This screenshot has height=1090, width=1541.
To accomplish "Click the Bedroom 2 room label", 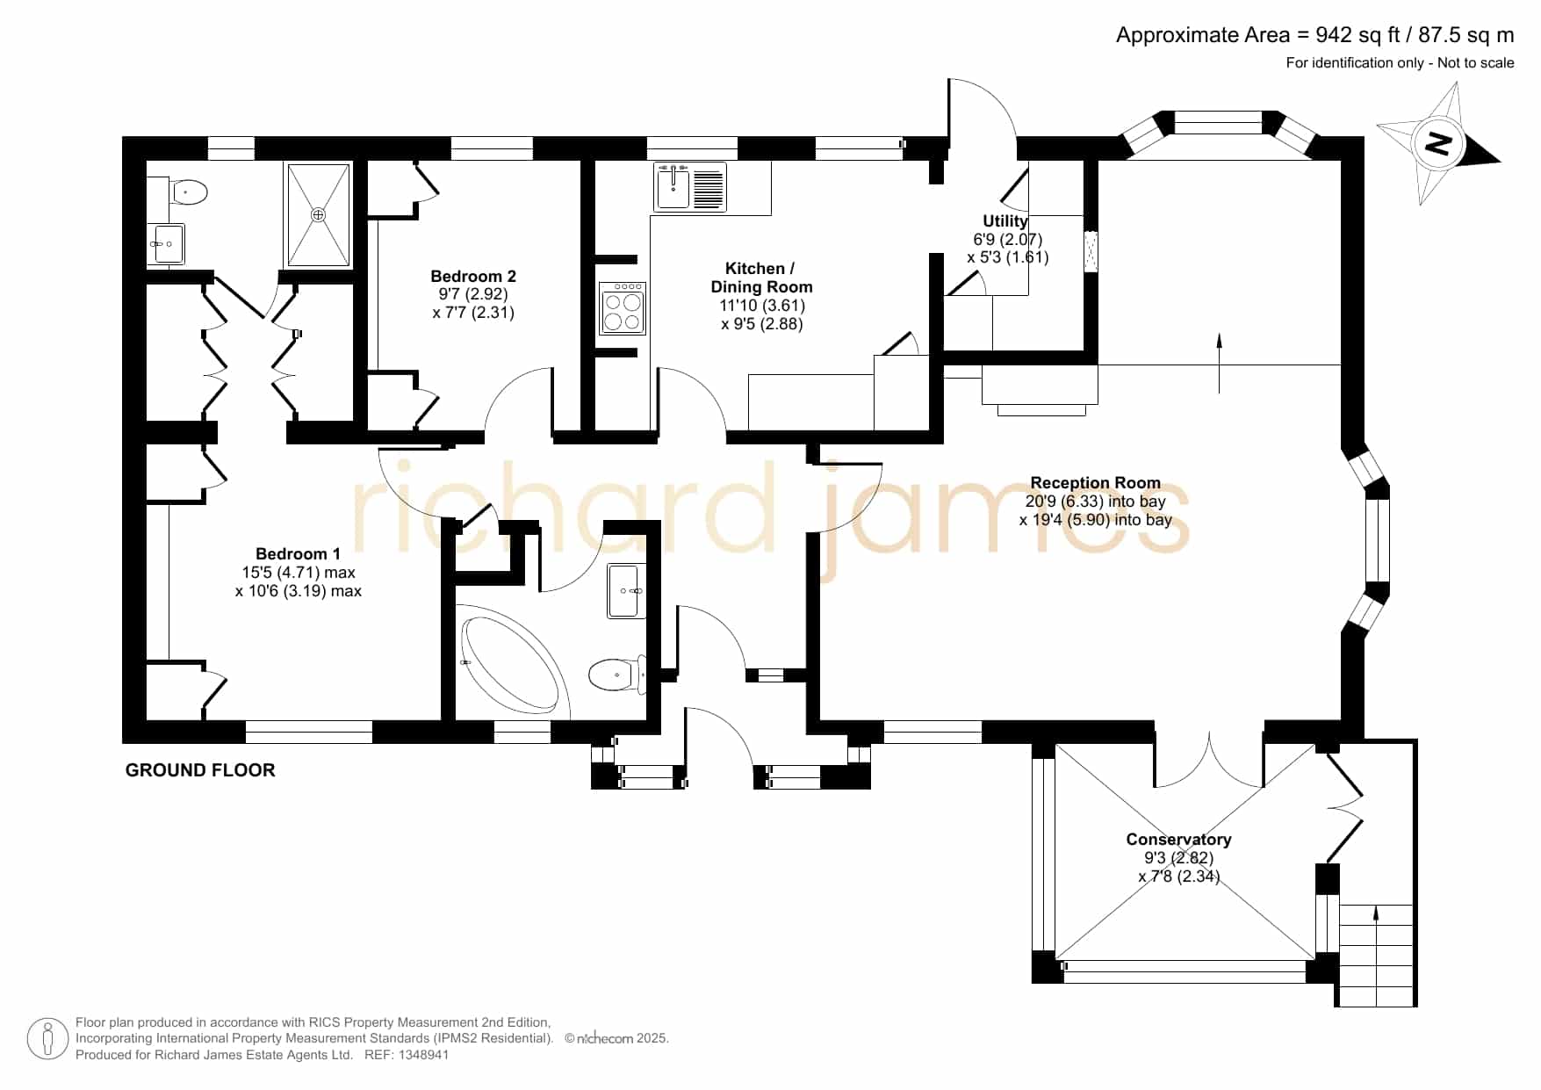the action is (473, 276).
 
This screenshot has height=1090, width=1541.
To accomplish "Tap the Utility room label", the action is (1005, 221).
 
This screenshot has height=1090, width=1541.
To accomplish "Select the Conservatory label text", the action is (1178, 839).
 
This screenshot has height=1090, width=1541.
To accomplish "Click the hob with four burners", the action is (623, 308).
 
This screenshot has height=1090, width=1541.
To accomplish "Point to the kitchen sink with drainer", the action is (690, 187).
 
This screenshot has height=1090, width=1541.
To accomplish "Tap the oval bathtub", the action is (510, 663).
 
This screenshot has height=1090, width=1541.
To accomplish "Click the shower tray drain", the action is (318, 214).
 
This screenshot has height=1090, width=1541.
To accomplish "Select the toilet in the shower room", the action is (188, 191).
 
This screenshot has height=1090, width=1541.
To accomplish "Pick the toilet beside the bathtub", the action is (616, 675).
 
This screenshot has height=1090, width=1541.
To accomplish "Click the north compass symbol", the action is (1437, 143).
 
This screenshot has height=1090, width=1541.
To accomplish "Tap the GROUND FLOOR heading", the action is (200, 770).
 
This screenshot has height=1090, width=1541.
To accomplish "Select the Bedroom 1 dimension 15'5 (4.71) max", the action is (299, 572).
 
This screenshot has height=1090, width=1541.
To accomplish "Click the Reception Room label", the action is (1095, 482).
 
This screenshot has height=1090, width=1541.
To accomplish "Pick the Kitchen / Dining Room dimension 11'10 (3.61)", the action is (762, 305).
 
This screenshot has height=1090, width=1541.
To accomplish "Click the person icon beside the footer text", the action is (47, 1039).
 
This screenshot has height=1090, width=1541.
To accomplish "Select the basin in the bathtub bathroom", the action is (627, 591).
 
